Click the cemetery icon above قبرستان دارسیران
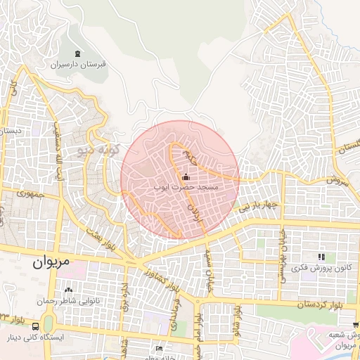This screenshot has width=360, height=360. tap(77, 53)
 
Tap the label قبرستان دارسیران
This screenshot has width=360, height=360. tap(77, 64)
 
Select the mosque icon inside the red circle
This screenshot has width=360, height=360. tap(186, 177)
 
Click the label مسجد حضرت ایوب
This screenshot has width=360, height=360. tap(186, 188)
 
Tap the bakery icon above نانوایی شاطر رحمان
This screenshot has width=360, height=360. tap(68, 290)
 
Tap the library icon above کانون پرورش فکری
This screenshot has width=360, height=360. tap(321, 257)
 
